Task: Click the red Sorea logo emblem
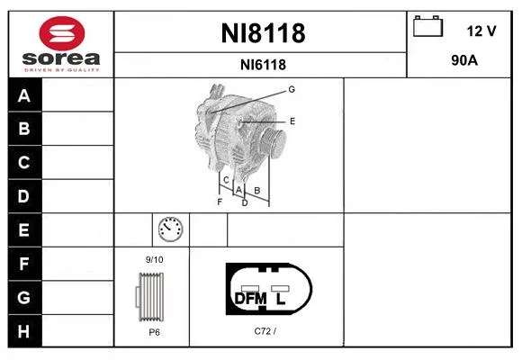click(62, 33)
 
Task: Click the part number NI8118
click(263, 33)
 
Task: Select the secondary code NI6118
click(263, 65)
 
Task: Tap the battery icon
click(427, 26)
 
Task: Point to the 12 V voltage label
click(481, 31)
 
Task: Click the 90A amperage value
click(464, 60)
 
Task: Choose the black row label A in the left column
click(24, 95)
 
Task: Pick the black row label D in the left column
click(24, 196)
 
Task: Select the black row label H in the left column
click(24, 331)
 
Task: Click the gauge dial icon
click(170, 229)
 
